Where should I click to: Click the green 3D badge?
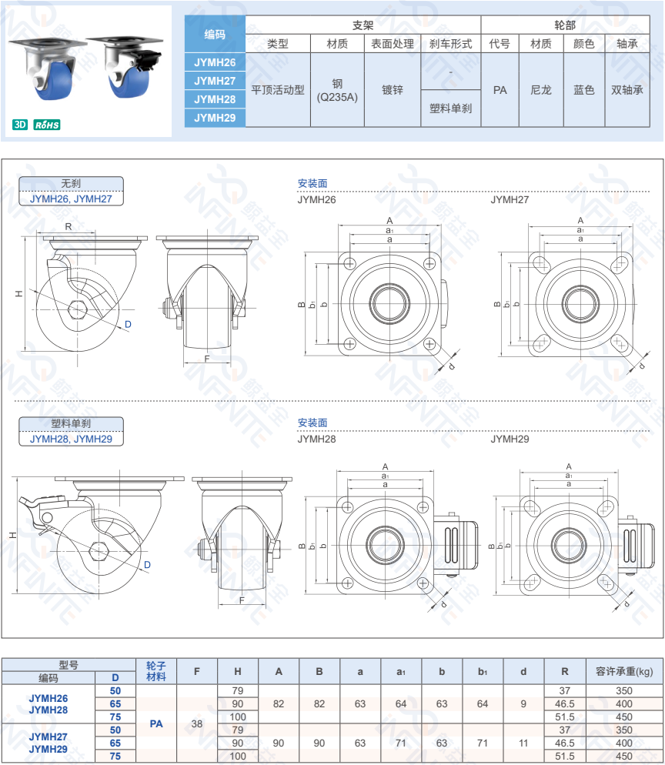pos(21,125)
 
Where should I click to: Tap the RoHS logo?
pos(47,125)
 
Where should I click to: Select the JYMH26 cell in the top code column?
pos(215,62)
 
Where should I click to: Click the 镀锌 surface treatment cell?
pos(393,90)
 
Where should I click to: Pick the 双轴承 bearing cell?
pos(627,90)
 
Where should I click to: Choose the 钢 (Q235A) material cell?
pos(337,90)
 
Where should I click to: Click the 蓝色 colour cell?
pos(584,90)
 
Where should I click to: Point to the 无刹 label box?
pos(71,184)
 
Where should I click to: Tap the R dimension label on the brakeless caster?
pos(69,226)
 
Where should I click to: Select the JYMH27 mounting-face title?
pos(510,199)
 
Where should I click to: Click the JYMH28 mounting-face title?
pos(316,439)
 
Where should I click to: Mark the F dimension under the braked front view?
pos(242,600)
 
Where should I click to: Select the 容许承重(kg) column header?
pos(623,670)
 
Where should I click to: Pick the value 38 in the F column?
pos(197,723)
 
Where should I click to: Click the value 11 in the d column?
pos(523,743)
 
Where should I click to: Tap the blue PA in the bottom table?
pos(156,723)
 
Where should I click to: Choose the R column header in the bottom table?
pos(565,670)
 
